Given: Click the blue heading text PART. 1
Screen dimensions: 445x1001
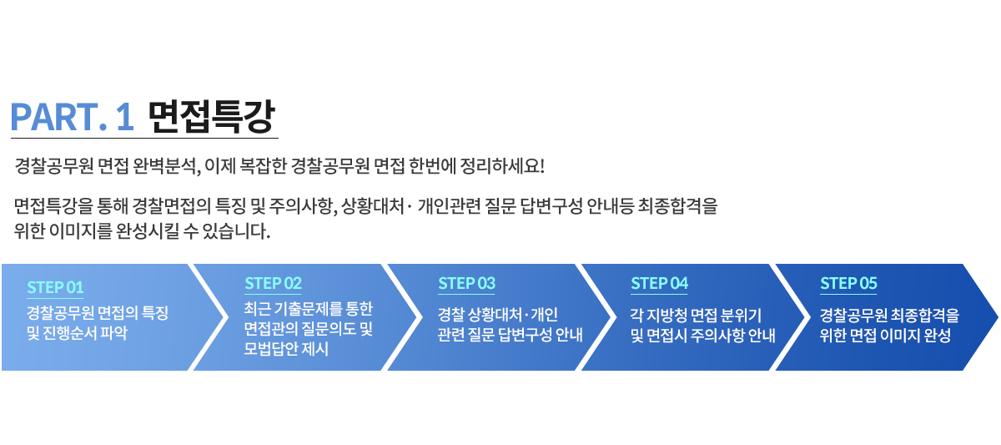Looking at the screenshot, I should point(73,117).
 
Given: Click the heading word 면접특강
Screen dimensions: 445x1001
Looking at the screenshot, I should point(209,117).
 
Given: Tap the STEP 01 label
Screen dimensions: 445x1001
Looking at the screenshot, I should point(55,287).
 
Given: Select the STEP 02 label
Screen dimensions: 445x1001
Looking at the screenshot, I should point(274,283).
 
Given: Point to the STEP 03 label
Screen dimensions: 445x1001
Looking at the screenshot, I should point(466,283).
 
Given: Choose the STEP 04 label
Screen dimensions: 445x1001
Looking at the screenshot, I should point(659,283).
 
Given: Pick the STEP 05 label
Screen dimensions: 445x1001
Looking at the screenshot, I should point(848,283).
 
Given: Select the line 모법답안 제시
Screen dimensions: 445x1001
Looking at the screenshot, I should point(286,349).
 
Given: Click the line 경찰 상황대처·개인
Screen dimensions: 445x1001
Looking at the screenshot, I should point(497,316).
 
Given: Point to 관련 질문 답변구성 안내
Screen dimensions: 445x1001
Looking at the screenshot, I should point(510,336).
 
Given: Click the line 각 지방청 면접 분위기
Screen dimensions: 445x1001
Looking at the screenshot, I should point(696,316).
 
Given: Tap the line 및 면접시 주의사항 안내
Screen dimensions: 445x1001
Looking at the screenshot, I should point(702,336).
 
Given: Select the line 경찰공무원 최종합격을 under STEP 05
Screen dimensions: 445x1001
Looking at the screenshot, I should point(889,316).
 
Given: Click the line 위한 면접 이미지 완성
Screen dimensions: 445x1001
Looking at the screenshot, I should point(885,336).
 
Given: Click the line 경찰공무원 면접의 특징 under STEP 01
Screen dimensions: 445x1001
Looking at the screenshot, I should point(98,314).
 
